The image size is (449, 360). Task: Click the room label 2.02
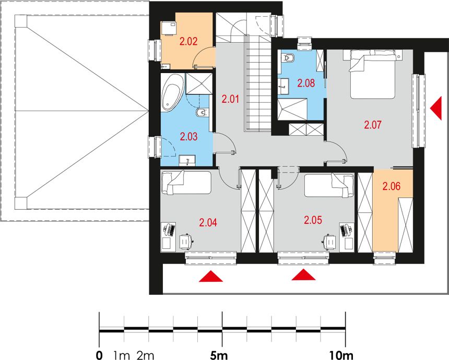[188, 42]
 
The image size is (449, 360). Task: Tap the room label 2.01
[230, 100]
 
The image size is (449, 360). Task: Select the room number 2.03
[188, 137]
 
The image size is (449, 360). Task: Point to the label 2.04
[208, 222]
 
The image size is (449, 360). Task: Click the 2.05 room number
[313, 220]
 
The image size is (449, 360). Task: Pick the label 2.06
[392, 187]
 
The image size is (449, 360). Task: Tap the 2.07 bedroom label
[373, 125]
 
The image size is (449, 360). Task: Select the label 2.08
[306, 83]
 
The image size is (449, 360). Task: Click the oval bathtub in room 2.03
[172, 92]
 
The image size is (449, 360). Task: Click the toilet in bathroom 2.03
[203, 113]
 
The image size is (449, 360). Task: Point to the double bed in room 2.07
[373, 75]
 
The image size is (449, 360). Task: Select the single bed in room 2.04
[186, 183]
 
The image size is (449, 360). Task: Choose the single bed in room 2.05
[329, 185]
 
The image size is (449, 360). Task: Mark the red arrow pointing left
[436, 108]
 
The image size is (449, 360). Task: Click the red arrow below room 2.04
[211, 276]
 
